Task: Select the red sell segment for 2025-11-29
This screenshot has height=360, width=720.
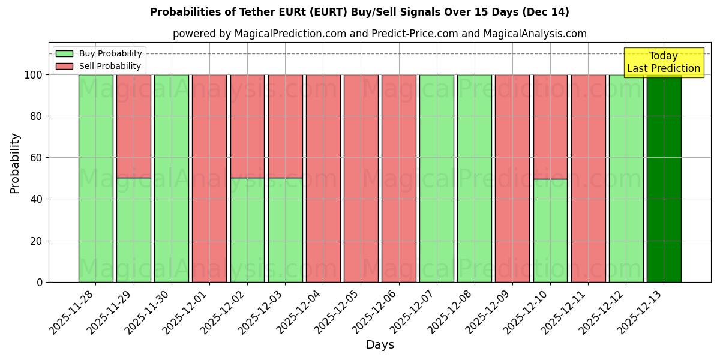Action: pos(133,126)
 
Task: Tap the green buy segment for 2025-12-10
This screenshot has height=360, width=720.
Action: pos(550,230)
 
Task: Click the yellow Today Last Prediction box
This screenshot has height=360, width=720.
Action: pos(664,62)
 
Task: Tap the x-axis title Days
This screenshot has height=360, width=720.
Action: pos(380,345)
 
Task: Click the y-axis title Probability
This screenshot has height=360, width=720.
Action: pos(15,163)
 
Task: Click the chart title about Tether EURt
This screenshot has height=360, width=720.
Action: pos(359,12)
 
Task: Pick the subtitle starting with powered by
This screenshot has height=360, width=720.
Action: pos(379,34)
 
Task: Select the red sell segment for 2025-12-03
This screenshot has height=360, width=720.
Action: pos(285,126)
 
